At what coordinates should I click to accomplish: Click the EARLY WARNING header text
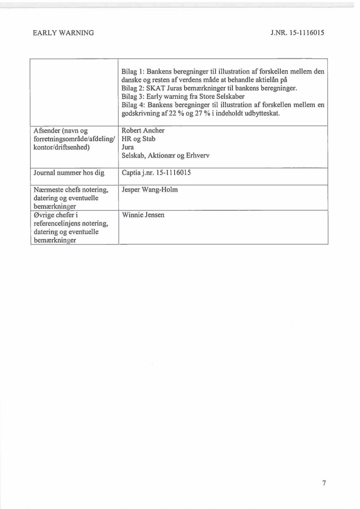(x=63, y=33)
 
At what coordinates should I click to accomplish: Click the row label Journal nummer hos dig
(x=69, y=173)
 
